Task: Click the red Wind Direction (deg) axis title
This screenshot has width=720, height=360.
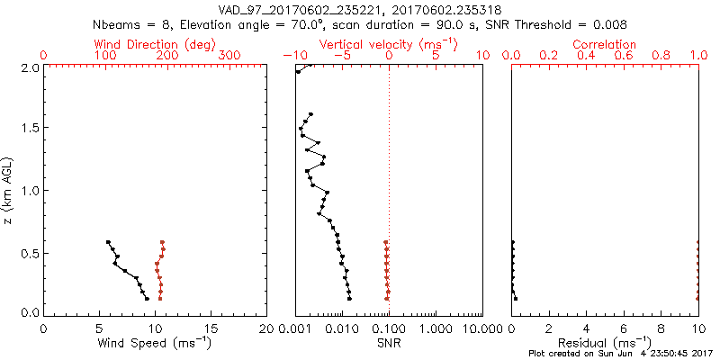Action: [x=154, y=44]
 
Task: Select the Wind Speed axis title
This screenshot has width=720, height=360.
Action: [x=155, y=342]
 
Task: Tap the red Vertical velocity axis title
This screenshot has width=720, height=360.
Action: [x=389, y=44]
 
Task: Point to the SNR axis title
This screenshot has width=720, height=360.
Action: [x=389, y=342]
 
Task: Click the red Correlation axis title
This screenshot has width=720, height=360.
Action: [x=605, y=44]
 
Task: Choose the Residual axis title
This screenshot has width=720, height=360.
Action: [x=605, y=342]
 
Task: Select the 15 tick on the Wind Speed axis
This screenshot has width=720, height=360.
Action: [x=211, y=328]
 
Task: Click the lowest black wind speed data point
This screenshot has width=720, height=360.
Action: [x=147, y=299]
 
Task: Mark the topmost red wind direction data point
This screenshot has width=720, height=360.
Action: [x=163, y=242]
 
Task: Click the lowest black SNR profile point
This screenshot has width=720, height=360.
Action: [x=349, y=298]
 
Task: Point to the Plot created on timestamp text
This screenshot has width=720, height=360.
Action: [x=621, y=354]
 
